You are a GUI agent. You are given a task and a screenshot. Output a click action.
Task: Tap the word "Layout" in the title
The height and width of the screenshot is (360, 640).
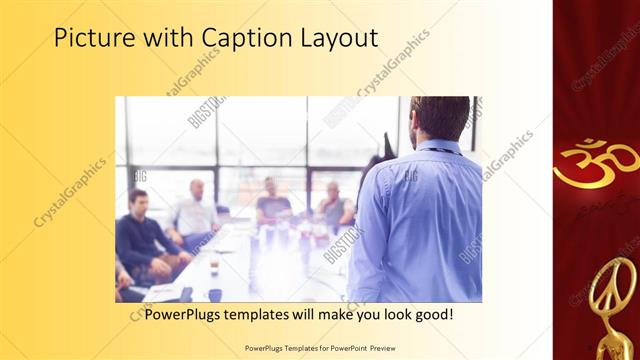[x=337, y=39]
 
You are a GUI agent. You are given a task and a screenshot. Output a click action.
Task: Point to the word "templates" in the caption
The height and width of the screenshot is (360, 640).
[x=266, y=314]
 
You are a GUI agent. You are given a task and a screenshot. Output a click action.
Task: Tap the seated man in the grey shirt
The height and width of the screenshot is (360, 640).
[x=334, y=205]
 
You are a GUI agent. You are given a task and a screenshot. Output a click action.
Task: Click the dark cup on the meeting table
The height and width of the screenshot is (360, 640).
[x=214, y=295]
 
